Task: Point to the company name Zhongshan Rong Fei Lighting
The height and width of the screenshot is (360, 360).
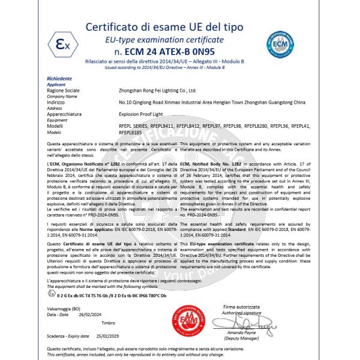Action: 158,90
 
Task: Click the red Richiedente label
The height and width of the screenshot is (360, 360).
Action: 59,79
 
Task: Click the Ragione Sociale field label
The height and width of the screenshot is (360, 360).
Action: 64,90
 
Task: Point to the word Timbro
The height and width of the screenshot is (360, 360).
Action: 108,323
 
